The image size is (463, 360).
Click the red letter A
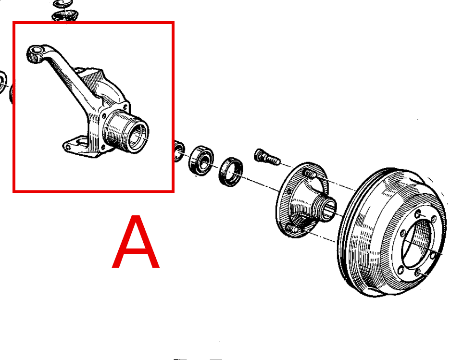(136, 242)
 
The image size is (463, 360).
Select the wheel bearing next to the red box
(201, 161)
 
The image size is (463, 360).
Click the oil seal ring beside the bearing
(231, 172)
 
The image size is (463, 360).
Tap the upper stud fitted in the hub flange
(310, 174)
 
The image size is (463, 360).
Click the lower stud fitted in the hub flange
(293, 229)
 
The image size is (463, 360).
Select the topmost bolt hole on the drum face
(418, 213)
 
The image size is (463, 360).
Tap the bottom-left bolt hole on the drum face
(400, 270)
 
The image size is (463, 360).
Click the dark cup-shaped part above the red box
(65, 16)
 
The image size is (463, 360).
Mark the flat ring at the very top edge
(63, 3)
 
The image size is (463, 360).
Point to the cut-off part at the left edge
(3, 82)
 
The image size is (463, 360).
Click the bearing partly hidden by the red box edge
(179, 151)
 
